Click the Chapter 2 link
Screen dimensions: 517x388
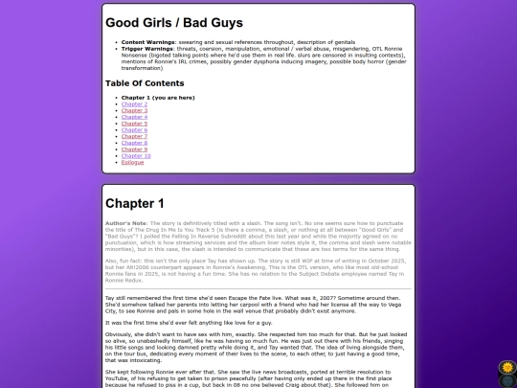[134, 103]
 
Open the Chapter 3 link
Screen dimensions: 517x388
[134, 110]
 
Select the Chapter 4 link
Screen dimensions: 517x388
[134, 117]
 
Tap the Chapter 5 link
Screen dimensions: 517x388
[134, 124]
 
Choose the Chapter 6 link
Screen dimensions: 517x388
[134, 130]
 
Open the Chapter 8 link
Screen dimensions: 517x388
[134, 143]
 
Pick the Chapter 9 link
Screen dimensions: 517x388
[134, 149]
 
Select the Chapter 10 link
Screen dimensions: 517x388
[136, 156]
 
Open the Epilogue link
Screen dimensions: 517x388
[133, 163]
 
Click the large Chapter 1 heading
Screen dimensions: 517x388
[135, 203]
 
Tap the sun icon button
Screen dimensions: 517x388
[507, 366]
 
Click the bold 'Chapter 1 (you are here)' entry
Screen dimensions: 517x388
[159, 97]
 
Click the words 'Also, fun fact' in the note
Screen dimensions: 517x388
[124, 260]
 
